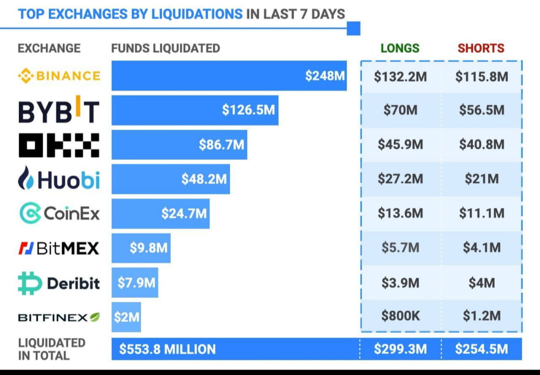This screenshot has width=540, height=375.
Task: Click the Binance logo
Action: pos(58,76)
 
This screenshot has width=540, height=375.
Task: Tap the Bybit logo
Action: pos(58,110)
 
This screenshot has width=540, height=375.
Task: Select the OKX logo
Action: pos(58,145)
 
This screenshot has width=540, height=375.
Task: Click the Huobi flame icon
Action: pos(26,179)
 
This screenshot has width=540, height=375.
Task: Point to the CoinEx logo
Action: pos(58,213)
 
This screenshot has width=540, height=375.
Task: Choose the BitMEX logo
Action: pos(58,248)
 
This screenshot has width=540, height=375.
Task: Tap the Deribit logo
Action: pos(58,283)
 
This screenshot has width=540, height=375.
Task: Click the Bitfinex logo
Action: pos(58,317)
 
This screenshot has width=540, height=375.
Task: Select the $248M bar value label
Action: pos(325,76)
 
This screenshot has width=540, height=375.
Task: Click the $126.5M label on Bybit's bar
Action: pos(248,110)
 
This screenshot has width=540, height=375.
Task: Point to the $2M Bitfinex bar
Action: pos(126,317)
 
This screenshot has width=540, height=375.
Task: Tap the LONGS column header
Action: pos(400,48)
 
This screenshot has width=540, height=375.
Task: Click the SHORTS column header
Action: pos(481,48)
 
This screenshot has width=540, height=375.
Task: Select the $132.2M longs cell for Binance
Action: pos(400,77)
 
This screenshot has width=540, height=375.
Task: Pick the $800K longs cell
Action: pos(400,316)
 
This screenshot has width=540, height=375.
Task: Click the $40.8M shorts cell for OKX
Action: pos(481,145)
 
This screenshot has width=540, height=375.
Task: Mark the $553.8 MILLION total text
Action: pos(167,349)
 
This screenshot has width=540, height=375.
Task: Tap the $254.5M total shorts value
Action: pos(481,349)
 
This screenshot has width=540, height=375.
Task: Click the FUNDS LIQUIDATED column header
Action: pos(165,48)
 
